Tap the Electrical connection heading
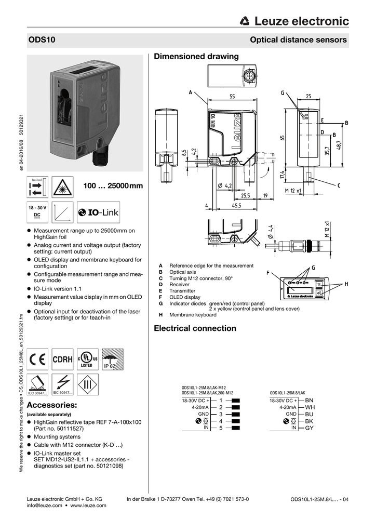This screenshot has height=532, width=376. click(195, 328)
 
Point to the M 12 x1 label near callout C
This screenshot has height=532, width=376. click(293, 191)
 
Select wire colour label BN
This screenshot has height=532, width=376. click(310, 401)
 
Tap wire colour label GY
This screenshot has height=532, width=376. click(310, 428)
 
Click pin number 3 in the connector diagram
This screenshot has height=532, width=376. click(221, 414)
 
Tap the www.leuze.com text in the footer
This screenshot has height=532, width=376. click(88, 505)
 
